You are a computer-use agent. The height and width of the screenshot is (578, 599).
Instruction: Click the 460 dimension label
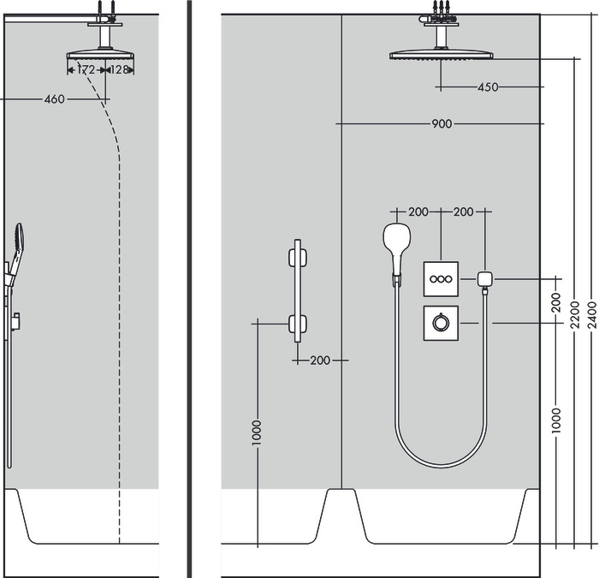pyautogui.click(x=54, y=99)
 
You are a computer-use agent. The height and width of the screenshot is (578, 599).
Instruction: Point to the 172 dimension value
pyautogui.click(x=86, y=69)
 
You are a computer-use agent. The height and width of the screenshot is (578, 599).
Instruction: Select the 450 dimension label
pyautogui.click(x=488, y=86)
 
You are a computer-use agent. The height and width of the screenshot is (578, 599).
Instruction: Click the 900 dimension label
pyautogui.click(x=441, y=124)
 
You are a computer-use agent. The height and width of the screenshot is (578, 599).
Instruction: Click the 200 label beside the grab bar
pyautogui.click(x=319, y=361)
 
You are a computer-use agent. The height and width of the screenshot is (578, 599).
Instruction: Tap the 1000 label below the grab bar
pyautogui.click(x=257, y=432)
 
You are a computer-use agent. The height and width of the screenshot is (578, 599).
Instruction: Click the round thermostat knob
pyautogui.click(x=441, y=323)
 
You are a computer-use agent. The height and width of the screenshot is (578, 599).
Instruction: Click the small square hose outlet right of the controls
pyautogui.click(x=486, y=278)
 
